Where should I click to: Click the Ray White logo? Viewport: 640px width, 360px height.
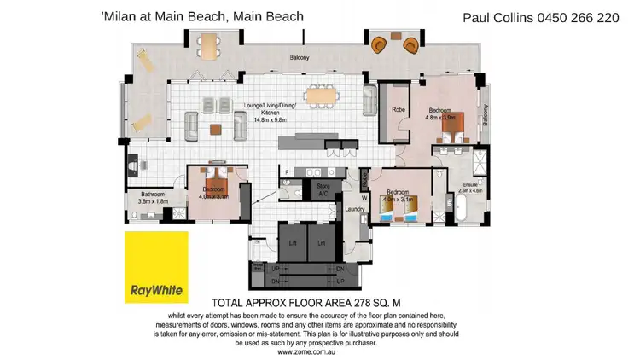point(156,267)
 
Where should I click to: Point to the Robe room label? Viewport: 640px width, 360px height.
point(398,108)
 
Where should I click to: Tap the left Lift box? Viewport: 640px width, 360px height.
point(293,242)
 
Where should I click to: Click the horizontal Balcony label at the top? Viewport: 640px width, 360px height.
point(298,58)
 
